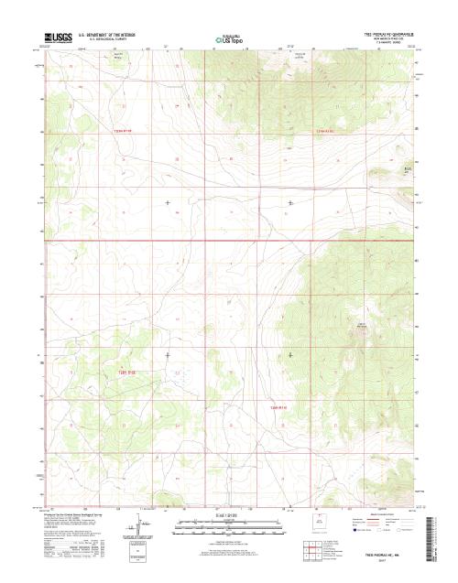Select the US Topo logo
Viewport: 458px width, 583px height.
click(230, 39)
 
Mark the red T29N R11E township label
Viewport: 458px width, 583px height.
click(279, 406)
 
